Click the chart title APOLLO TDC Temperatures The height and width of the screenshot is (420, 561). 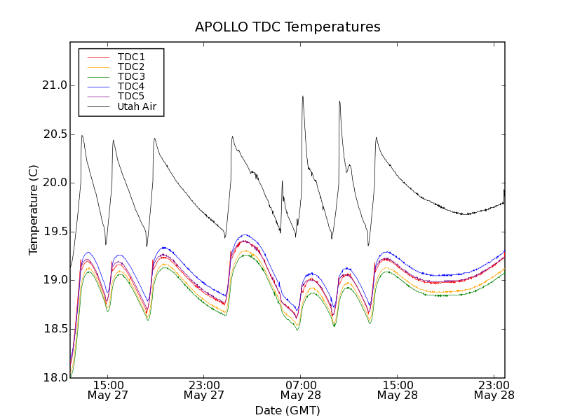(288, 27)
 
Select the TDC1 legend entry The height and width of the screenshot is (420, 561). (131, 57)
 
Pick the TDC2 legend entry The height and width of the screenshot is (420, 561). (131, 66)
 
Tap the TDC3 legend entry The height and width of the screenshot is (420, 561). (131, 76)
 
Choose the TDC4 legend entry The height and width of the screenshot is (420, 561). (131, 86)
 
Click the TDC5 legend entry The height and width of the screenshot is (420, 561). (131, 96)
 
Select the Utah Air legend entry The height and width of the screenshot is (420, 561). (136, 106)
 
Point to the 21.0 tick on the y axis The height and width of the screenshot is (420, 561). (54, 85)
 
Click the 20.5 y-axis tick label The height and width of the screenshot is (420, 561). (54, 134)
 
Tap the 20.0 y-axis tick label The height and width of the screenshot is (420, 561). (54, 183)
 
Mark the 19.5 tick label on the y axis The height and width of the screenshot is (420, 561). (54, 232)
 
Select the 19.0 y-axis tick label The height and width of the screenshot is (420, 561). (54, 280)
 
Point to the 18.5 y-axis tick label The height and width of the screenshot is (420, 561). (54, 329)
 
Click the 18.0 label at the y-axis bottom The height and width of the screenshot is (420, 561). (54, 377)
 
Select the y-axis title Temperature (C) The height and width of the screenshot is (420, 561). (34, 210)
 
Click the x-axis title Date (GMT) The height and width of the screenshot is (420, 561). (288, 411)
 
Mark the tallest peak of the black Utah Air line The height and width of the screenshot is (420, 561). (303, 97)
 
